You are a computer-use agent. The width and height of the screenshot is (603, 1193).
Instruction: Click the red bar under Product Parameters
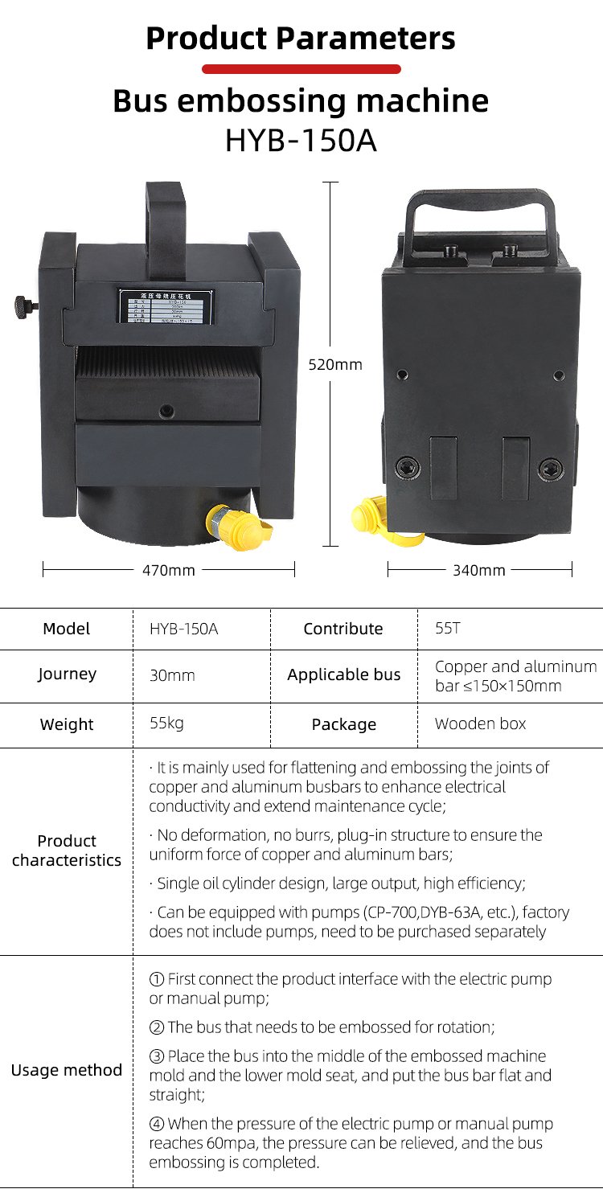[x=301, y=69]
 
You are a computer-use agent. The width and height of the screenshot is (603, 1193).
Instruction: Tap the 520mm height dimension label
[x=335, y=365]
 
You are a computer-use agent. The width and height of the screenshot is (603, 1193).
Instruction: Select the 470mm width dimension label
[x=169, y=570]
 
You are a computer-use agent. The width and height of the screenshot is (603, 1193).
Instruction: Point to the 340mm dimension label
[x=479, y=570]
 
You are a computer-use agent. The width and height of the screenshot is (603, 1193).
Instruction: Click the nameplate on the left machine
[x=168, y=305]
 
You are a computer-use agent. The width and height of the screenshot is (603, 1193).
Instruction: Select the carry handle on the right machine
[x=481, y=211]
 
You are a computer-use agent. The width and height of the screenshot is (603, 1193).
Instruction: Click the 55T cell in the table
[x=448, y=629]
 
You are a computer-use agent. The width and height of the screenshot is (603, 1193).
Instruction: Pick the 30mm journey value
[x=172, y=675]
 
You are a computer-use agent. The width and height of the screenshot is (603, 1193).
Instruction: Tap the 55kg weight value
[x=166, y=723]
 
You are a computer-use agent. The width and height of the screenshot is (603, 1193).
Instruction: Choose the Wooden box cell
[x=480, y=724]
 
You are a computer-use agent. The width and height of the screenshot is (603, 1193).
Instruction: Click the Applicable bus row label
[x=343, y=675]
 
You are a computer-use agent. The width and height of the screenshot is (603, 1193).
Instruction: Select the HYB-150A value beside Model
[x=183, y=629]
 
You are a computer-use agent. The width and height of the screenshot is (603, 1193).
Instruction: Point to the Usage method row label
[x=67, y=1070]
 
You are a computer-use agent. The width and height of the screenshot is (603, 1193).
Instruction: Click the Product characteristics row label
[x=67, y=851]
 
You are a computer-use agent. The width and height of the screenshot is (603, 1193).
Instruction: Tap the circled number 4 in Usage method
[x=157, y=1124]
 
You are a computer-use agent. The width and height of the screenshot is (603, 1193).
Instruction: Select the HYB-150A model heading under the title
[x=301, y=140]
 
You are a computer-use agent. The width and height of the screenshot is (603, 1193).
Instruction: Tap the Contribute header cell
[x=343, y=629]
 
